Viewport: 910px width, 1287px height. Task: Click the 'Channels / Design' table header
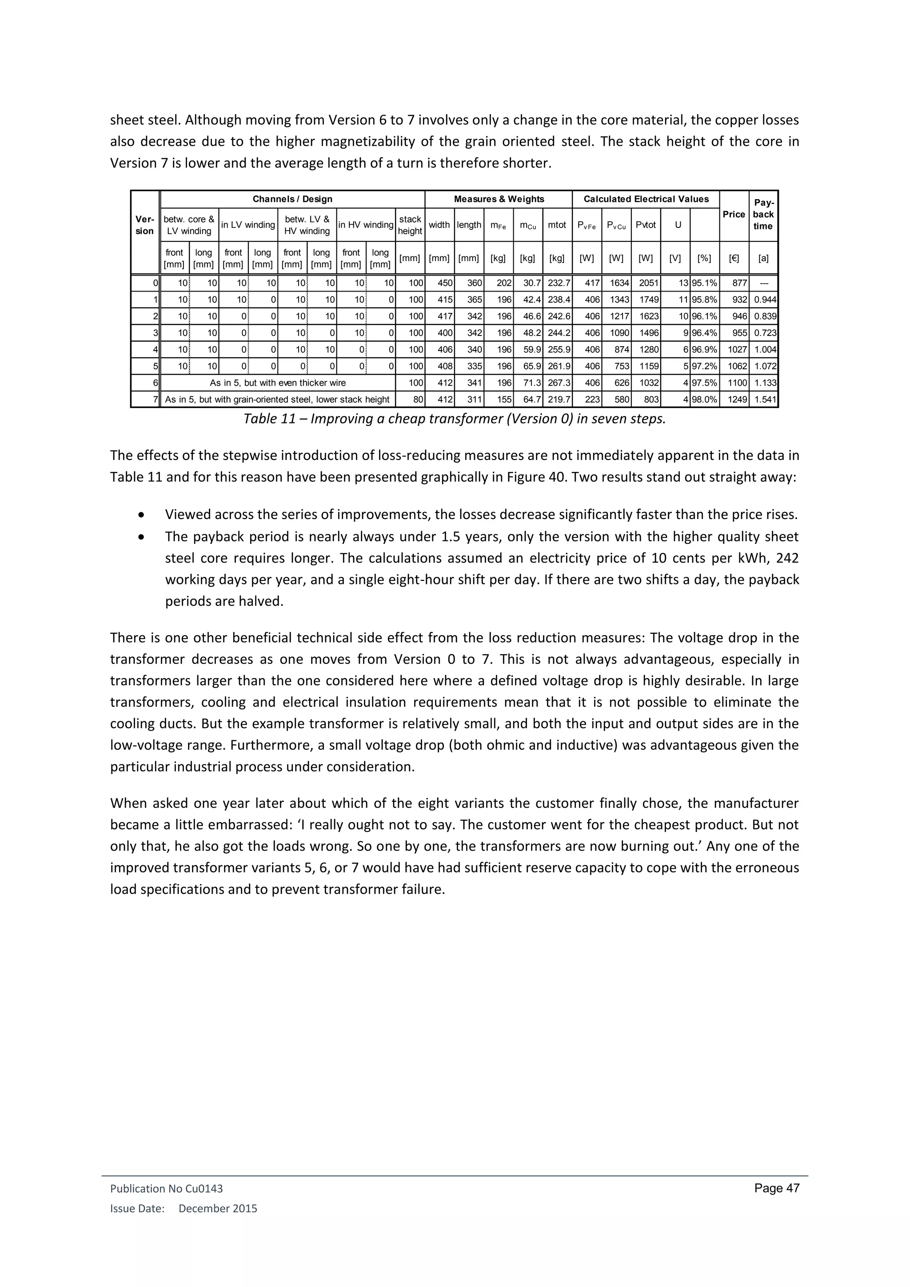pos(292,199)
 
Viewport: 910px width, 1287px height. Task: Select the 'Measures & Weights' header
pos(498,199)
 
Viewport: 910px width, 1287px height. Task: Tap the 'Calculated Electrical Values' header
pos(646,199)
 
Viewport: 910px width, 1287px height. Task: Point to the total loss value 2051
pos(648,283)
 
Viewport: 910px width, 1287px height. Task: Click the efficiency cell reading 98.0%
pos(704,400)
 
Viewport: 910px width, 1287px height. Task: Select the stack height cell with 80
pos(416,400)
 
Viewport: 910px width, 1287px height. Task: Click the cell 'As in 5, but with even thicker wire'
pos(277,383)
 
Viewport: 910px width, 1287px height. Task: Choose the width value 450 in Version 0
pos(444,283)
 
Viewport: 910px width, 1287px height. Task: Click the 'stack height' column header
pos(410,225)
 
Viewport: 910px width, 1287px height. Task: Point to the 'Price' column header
pos(734,214)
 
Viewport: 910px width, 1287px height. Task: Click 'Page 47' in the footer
pos(777,1188)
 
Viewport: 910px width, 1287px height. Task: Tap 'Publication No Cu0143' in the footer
pos(167,1189)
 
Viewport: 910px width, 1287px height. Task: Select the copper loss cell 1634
pos(619,283)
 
